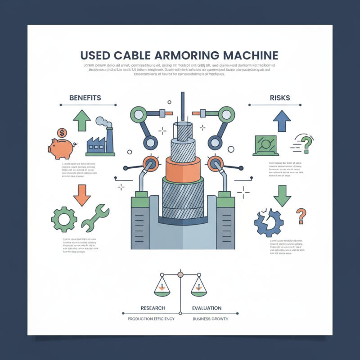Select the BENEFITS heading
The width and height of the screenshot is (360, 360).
point(85,97)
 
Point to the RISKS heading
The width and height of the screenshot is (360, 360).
point(279,97)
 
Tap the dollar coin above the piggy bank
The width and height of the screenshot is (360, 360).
point(62,133)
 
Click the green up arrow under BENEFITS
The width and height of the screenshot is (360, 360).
point(82,120)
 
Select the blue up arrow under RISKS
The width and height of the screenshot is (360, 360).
point(282,121)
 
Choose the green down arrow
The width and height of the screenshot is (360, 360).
point(282,194)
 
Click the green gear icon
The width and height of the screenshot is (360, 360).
point(63,220)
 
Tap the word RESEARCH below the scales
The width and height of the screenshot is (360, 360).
point(153,308)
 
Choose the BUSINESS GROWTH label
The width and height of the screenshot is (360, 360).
point(210,319)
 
